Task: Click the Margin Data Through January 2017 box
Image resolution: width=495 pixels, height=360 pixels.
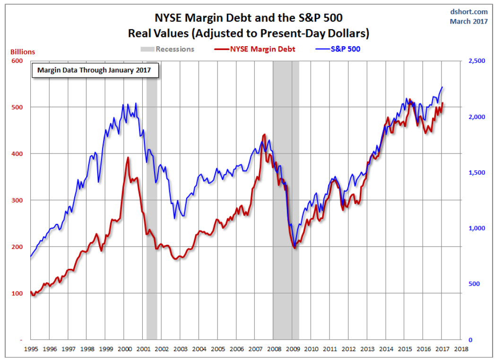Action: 95,70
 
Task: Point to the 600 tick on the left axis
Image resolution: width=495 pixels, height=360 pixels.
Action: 17,60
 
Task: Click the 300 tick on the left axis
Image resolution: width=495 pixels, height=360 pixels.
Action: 17,200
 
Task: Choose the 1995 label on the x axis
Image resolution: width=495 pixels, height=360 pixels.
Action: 31,349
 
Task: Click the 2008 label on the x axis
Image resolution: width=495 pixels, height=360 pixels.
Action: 274,349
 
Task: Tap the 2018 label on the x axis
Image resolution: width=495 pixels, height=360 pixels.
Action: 460,349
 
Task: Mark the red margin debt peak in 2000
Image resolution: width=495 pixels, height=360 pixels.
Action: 128,158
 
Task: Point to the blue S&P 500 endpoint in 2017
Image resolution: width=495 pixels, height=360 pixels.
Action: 443,87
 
